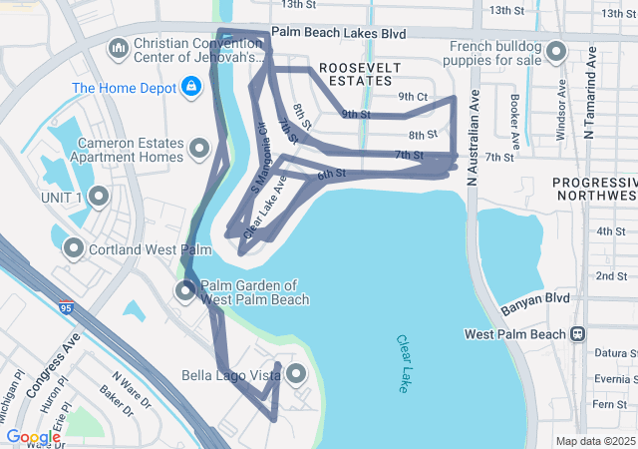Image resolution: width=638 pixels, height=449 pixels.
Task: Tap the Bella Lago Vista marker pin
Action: (x=296, y=374)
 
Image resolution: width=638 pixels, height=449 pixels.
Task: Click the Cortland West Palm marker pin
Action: (x=74, y=247)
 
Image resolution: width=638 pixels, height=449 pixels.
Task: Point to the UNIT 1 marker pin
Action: (x=99, y=196)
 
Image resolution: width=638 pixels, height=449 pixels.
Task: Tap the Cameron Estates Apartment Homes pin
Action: (x=199, y=151)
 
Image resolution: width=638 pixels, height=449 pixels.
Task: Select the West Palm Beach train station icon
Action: (x=576, y=334)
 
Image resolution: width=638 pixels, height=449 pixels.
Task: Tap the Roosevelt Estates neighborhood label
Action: (x=360, y=73)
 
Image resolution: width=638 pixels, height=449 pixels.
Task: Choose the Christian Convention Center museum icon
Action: (x=119, y=48)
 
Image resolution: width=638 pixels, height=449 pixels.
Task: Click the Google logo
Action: (x=33, y=437)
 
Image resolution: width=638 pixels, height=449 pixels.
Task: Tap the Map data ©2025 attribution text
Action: (x=594, y=441)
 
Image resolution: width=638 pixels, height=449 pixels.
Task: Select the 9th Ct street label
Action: (x=413, y=97)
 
